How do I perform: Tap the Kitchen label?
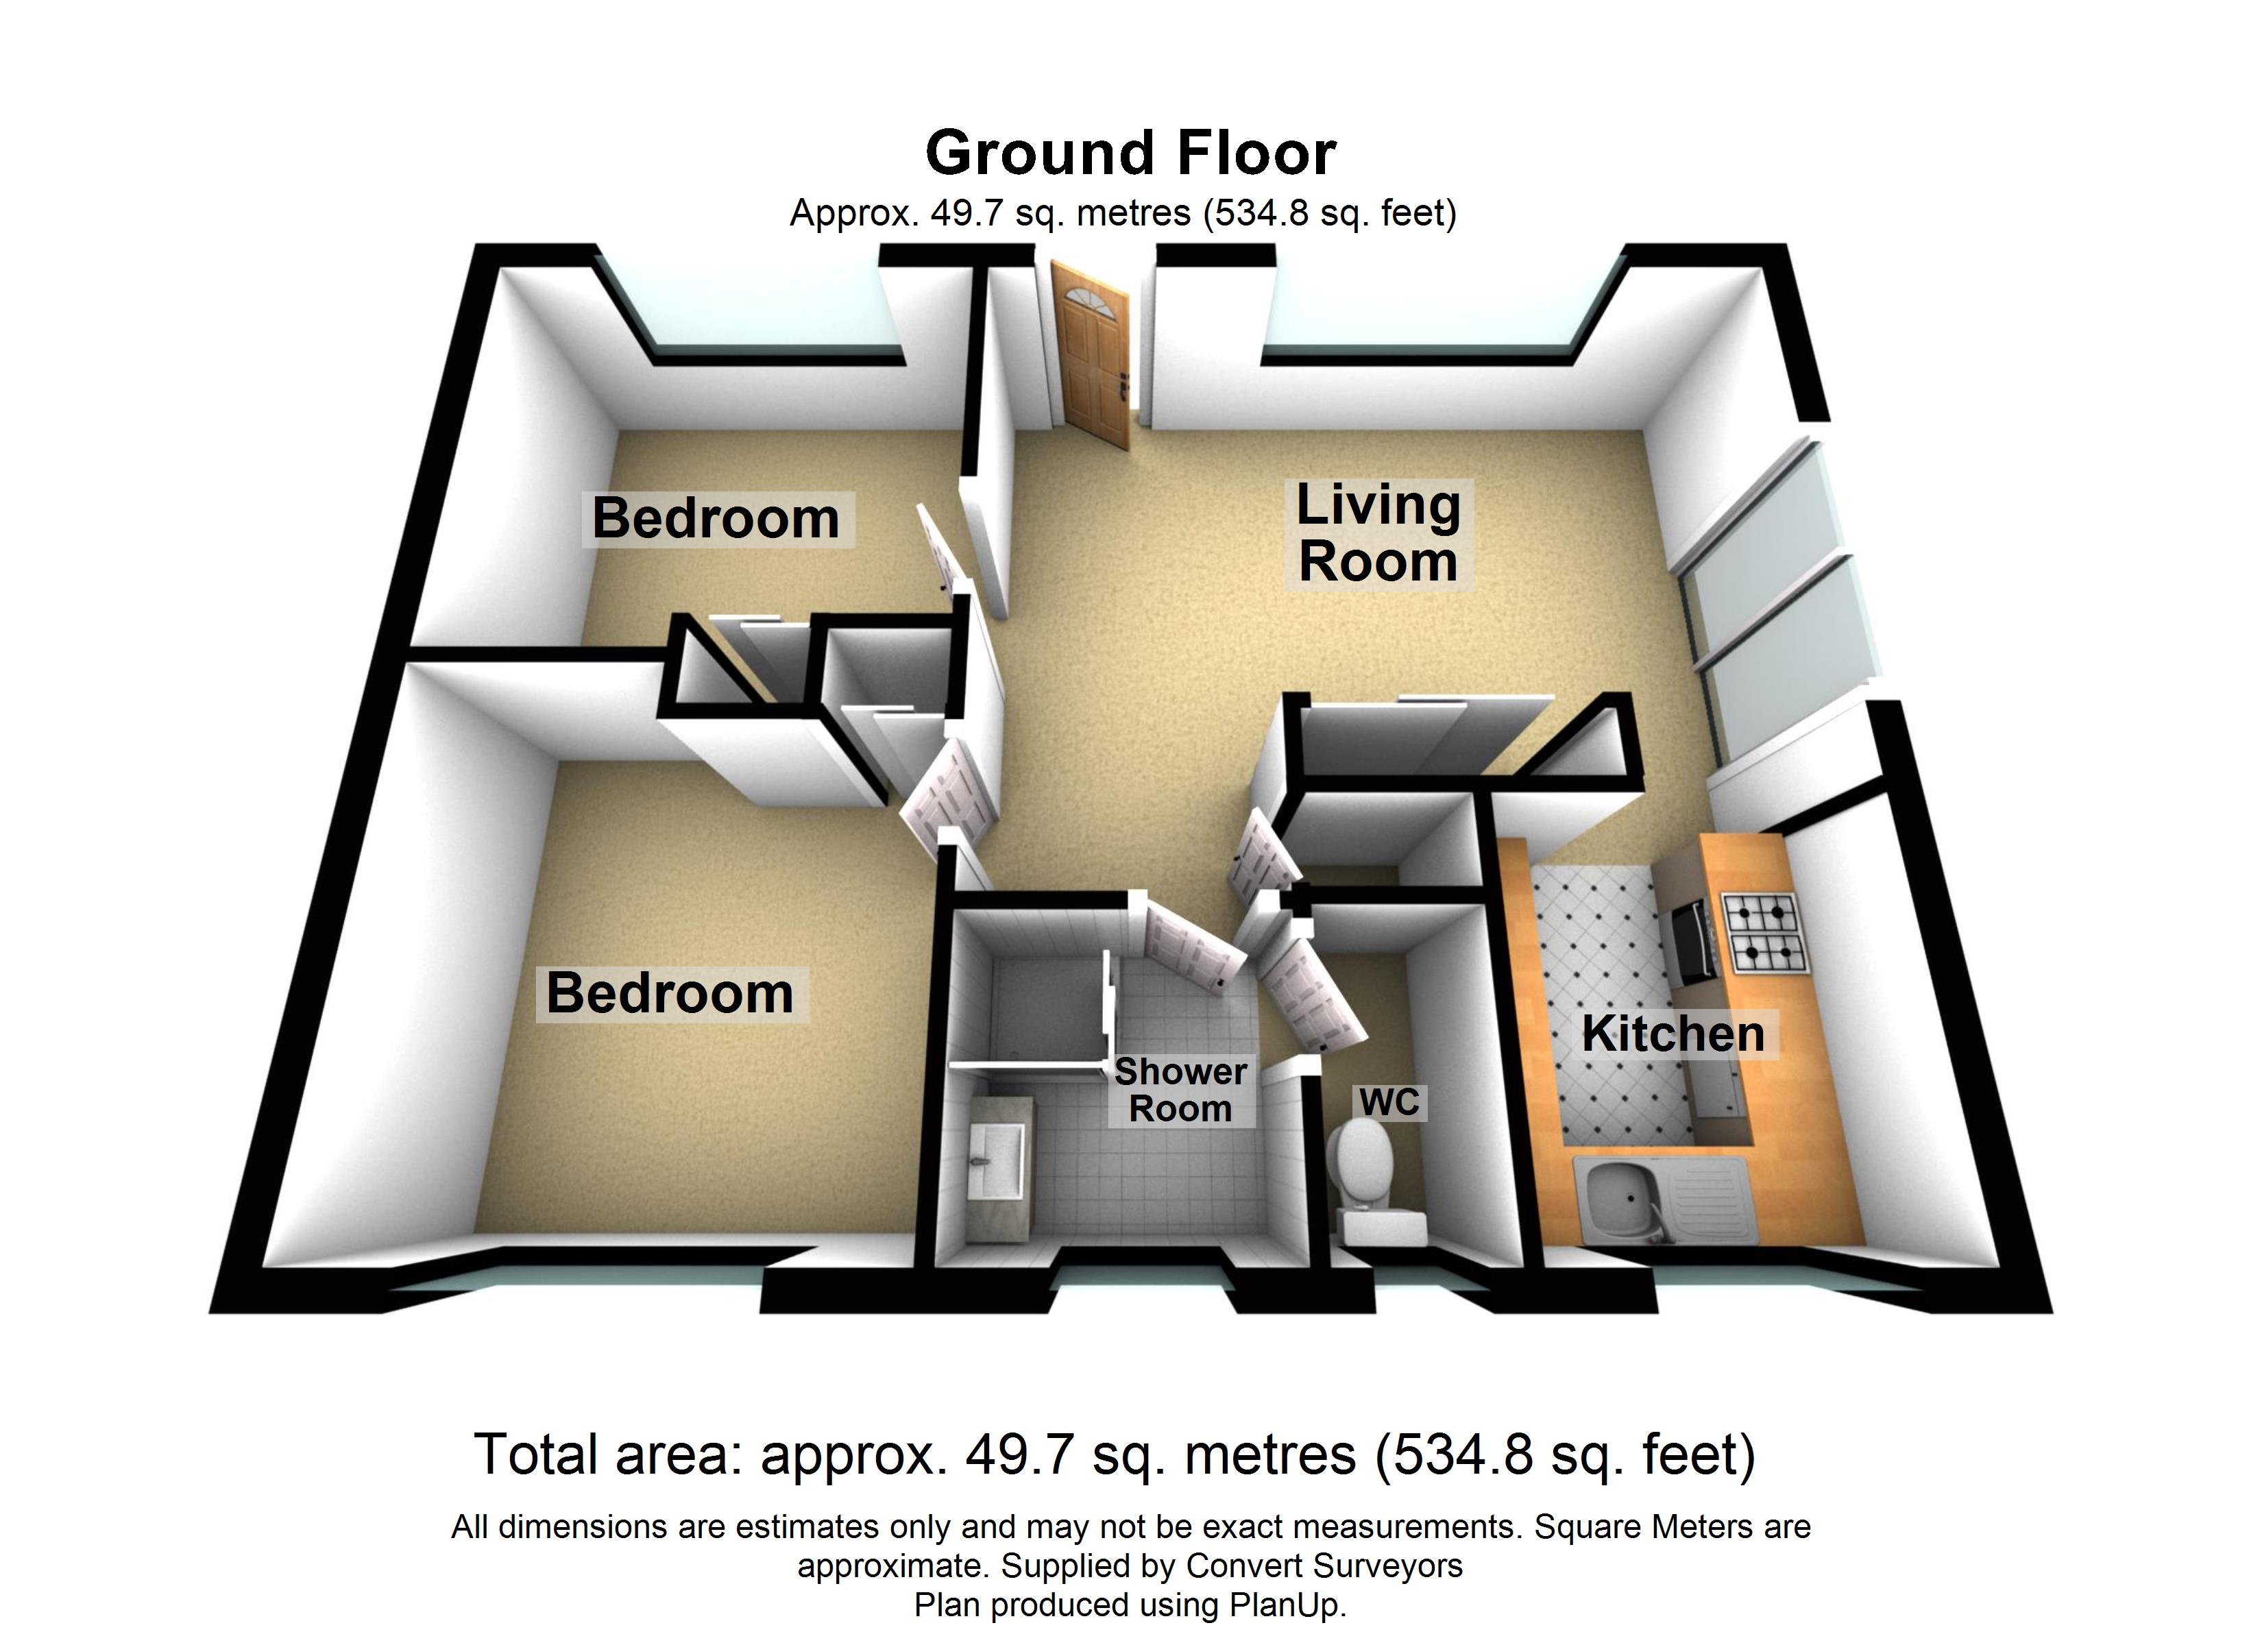(x=1673, y=1034)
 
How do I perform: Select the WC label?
(x=1389, y=1102)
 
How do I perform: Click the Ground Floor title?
(x=1130, y=153)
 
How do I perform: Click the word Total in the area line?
(x=535, y=1454)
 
